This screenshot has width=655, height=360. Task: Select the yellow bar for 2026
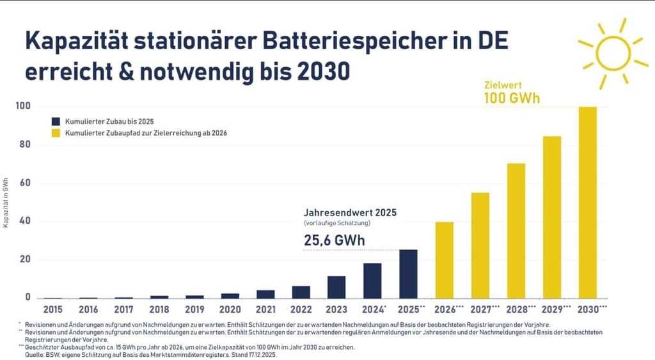pos(445,260)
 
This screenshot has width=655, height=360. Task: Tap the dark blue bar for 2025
pos(408,274)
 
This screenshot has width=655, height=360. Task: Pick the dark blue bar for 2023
pos(336,287)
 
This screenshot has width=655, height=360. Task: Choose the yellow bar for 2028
pos(516,231)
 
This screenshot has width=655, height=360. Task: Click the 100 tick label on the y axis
pos(23,106)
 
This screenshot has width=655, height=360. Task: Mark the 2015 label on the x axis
pos(52,309)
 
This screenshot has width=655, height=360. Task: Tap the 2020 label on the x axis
pos(230,309)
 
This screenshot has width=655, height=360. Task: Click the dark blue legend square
pos(56,121)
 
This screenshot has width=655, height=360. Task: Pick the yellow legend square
pos(56,133)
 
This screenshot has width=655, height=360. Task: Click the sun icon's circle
pos(612,52)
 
